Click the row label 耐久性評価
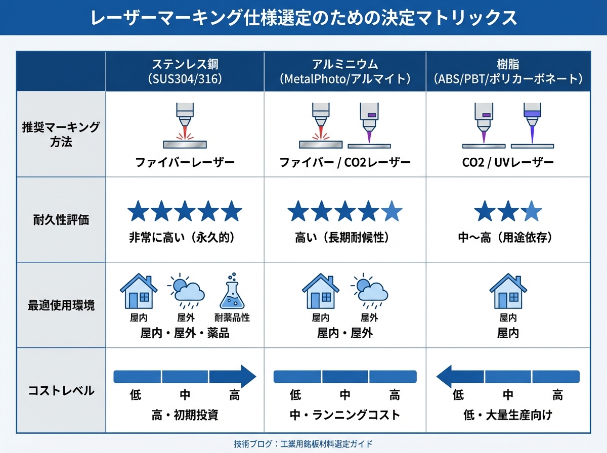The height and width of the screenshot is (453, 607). pos(61,220)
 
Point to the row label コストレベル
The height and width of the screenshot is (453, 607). pos(61,390)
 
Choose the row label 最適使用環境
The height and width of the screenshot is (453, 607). pos(61,305)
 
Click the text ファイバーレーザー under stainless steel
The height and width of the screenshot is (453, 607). pos(185,163)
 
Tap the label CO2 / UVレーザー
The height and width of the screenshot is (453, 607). pos(507,163)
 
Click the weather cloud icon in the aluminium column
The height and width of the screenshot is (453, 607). pos(369,291)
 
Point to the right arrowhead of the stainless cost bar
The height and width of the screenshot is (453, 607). pos(247,377)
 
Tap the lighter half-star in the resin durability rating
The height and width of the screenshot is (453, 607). pos(532,211)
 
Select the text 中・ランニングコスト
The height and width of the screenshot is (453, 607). pos(344,416)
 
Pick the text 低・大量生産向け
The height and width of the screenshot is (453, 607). pos(507,416)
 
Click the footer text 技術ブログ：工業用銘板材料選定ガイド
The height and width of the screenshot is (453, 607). pos(303,444)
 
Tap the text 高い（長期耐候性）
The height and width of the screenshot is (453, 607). pos(344,238)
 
